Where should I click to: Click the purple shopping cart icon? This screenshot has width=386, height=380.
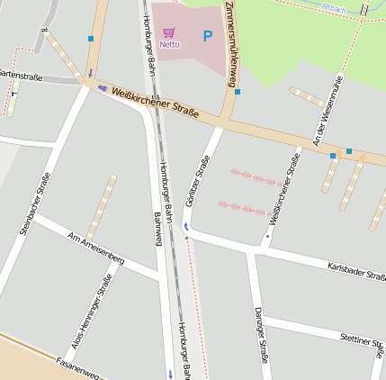168,32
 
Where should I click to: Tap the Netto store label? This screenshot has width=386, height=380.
169,44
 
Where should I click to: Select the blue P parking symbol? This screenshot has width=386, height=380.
208,37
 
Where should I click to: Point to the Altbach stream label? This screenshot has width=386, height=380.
333,6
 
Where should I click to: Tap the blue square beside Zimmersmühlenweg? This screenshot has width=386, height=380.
238,92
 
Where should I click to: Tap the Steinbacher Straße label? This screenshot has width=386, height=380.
32,204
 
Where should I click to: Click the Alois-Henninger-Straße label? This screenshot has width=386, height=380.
92,312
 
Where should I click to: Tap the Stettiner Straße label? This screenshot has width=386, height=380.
363,339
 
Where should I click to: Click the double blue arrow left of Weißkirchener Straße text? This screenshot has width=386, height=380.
103,87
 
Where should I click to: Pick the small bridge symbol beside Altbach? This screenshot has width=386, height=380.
364,10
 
